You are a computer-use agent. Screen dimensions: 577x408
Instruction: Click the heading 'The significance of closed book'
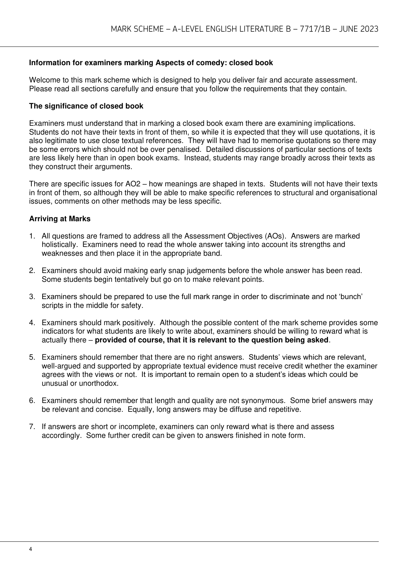86,106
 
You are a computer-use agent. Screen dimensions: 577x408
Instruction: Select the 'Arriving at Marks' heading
60,219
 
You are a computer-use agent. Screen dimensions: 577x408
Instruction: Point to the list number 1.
32,236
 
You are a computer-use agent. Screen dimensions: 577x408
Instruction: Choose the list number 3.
32,297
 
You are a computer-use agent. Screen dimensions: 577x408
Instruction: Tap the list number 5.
32,357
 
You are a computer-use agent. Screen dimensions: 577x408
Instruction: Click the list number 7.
32,427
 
